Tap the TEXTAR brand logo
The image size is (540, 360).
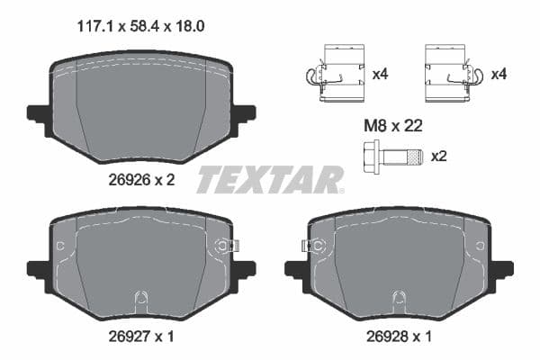click(269, 180)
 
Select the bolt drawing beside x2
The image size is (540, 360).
click(392, 156)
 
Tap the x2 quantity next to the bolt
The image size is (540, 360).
click(439, 156)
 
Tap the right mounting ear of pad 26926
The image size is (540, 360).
click(244, 114)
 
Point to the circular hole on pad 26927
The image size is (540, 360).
click(220, 245)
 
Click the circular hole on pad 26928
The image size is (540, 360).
click(318, 245)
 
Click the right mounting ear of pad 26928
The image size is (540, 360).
click(502, 268)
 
